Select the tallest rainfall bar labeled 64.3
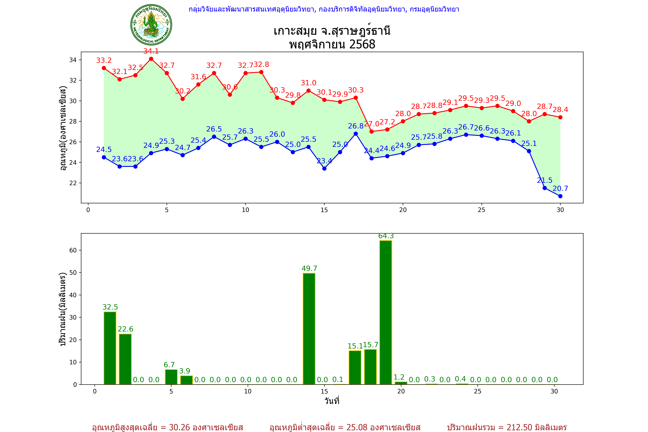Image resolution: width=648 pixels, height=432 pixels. coord(386,312)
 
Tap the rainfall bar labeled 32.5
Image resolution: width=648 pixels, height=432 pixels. coord(110,348)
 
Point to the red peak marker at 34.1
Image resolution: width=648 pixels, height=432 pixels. coord(151,59)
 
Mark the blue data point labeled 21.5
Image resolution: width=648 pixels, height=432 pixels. coord(544,188)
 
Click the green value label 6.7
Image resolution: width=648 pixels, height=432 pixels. coord(169,365)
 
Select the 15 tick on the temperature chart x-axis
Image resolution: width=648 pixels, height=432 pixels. coord(324,210)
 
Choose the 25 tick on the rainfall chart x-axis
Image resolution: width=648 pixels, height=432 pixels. coord(478,391)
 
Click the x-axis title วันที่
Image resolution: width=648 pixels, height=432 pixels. coord(332,401)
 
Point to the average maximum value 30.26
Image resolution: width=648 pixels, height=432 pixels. coord(179,427)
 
